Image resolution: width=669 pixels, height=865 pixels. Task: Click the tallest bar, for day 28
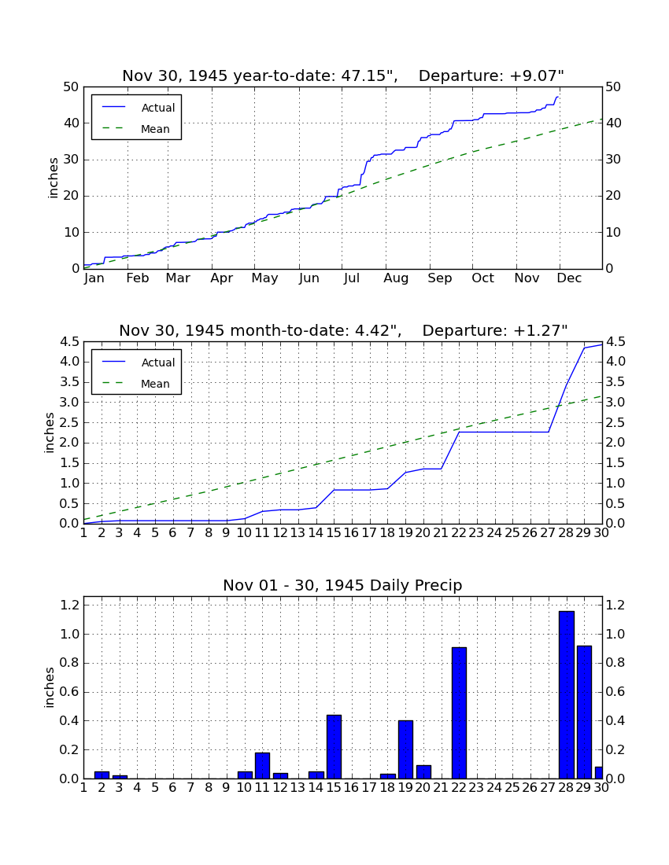(x=567, y=694)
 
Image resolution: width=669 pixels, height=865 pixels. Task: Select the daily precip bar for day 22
(x=459, y=712)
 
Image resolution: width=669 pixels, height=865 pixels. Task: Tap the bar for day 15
(x=334, y=746)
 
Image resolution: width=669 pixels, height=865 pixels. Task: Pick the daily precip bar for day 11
(x=262, y=765)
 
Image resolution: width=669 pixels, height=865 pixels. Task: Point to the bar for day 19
(x=405, y=749)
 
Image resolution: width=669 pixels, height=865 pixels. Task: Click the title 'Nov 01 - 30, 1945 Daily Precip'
(x=342, y=585)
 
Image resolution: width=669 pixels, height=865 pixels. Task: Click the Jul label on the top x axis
(x=352, y=278)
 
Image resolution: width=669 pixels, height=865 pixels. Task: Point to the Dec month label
(x=569, y=278)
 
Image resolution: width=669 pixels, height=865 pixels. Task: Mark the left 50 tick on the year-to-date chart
(x=72, y=86)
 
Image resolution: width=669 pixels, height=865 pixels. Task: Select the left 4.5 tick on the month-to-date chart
(x=70, y=341)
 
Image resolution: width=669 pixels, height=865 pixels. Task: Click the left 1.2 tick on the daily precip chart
(x=70, y=605)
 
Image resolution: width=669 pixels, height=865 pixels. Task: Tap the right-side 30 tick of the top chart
(x=613, y=160)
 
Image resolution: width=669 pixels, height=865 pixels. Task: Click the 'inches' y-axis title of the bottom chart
(x=50, y=687)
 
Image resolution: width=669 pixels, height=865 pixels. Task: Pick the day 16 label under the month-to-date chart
(x=351, y=533)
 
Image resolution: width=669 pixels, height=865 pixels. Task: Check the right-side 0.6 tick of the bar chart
(x=615, y=692)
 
